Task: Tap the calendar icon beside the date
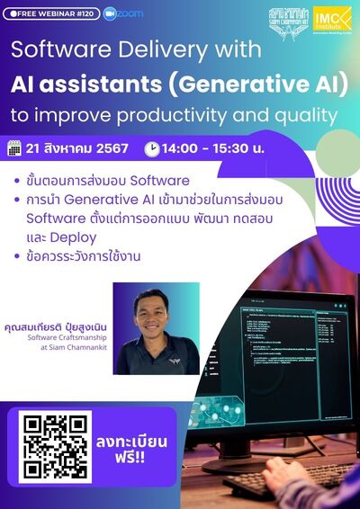coord(13,147)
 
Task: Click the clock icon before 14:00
coord(151,148)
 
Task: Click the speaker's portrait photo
coord(156,328)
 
